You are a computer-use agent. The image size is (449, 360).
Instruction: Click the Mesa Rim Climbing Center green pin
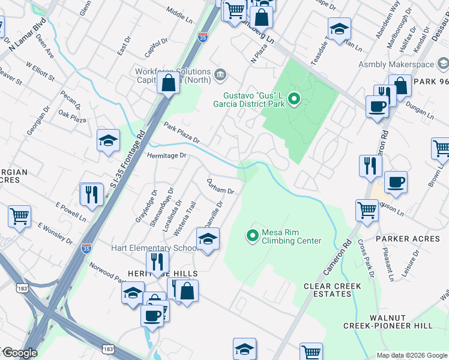coord(253,235)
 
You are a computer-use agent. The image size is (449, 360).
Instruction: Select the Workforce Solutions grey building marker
coord(220,76)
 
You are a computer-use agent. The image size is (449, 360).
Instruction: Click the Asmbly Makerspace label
coord(397,64)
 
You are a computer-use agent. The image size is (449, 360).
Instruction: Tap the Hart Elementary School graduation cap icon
coord(208,239)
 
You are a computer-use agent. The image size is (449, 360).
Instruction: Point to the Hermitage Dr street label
coord(167,155)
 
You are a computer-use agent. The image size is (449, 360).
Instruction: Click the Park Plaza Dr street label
coord(181,133)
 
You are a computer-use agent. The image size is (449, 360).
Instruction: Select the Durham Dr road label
coord(220,186)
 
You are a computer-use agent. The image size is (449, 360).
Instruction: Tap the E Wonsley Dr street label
coord(55,234)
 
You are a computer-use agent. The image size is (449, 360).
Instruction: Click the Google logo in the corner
coord(19,353)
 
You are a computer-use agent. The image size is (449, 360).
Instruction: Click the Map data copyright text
coord(412,355)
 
